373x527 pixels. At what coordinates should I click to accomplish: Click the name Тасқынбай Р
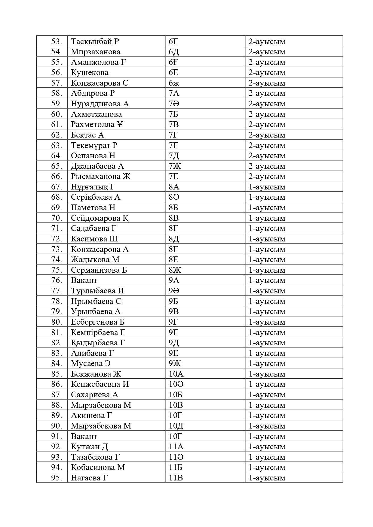point(95,41)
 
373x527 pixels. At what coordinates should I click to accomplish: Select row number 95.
point(57,477)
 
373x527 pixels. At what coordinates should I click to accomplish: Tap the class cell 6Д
point(174,52)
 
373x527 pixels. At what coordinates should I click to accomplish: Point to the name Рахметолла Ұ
point(97,124)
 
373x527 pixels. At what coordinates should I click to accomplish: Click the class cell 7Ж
point(175,166)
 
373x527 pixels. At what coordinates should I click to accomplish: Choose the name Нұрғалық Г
point(93,187)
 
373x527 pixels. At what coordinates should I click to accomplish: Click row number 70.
point(57,218)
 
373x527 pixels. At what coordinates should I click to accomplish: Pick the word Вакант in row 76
point(84,280)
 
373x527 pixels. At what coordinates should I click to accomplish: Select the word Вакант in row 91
point(84,436)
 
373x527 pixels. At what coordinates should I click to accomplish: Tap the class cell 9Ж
point(175,363)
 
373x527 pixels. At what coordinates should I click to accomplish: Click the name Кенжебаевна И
point(100,384)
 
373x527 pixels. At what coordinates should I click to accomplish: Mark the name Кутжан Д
point(89,447)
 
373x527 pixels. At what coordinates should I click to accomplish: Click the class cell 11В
point(176,477)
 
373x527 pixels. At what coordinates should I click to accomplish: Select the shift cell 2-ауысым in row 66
point(267,176)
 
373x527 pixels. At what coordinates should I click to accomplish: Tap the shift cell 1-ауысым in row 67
point(267,187)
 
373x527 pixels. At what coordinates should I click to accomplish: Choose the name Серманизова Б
point(99,270)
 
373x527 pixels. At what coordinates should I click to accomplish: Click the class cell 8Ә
point(174,197)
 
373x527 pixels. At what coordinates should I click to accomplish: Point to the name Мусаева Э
point(91,363)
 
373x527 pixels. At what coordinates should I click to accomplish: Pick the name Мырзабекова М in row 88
point(101,405)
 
